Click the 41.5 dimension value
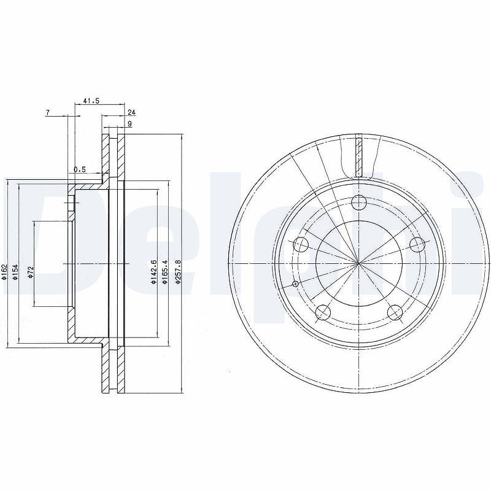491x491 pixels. [x=91, y=101]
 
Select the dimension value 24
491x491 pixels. [x=131, y=112]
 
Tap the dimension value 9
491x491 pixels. [x=130, y=124]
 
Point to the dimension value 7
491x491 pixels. [x=48, y=113]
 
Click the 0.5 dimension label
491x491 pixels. [x=80, y=169]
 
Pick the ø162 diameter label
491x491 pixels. [x=4, y=272]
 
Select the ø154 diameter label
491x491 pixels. [x=16, y=272]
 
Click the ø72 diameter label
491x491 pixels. [x=30, y=272]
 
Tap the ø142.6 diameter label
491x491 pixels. [x=153, y=272]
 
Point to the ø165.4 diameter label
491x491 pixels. [x=165, y=272]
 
